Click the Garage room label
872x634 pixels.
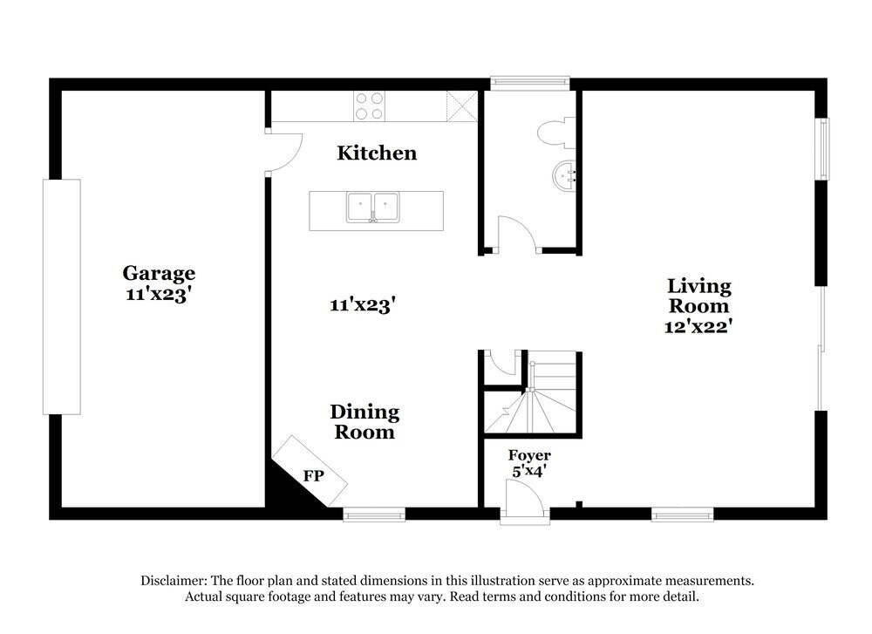(158, 274)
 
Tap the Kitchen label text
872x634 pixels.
(377, 153)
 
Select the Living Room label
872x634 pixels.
(698, 296)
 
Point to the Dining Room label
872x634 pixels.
(364, 421)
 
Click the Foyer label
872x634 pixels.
(529, 456)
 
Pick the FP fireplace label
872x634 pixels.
(313, 476)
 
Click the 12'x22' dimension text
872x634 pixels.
(697, 326)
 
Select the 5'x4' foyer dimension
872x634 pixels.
(529, 472)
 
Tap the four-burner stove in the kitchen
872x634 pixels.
(369, 106)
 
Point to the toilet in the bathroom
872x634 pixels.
(553, 133)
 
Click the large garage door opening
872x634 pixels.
(61, 297)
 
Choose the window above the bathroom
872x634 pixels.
(530, 84)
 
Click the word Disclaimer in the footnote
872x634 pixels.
(174, 581)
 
